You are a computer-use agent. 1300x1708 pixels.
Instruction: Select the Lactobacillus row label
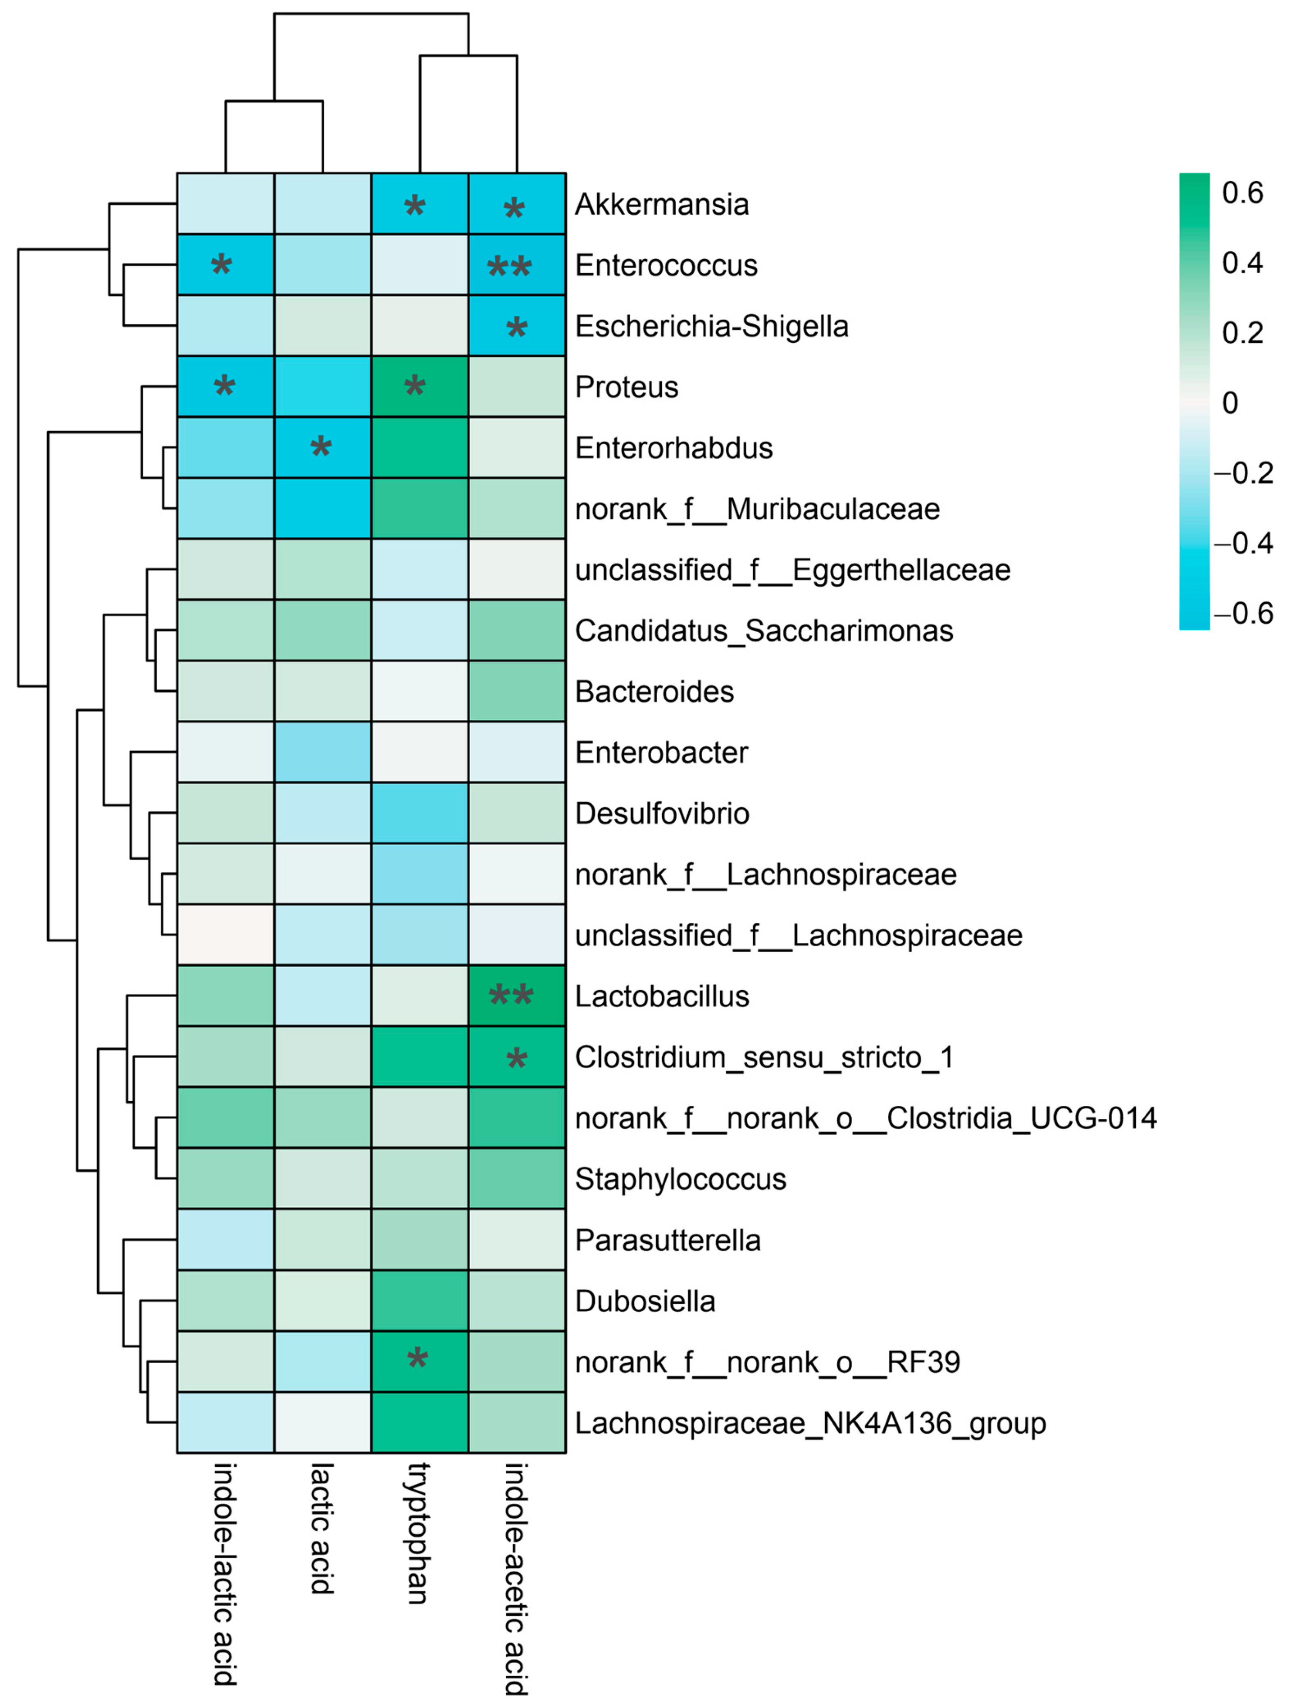click(662, 996)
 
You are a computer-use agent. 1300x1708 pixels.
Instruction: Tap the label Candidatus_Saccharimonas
click(764, 631)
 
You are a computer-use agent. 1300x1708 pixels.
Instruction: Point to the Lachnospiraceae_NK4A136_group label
click(810, 1423)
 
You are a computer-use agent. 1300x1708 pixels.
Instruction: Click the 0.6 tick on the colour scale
click(1242, 192)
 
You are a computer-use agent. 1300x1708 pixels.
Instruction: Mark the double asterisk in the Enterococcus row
click(509, 268)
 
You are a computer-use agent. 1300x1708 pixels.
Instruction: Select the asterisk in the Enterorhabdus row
click(321, 447)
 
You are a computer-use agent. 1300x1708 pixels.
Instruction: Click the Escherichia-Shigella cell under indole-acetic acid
click(517, 326)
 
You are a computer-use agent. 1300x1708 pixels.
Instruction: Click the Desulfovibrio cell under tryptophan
click(420, 813)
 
